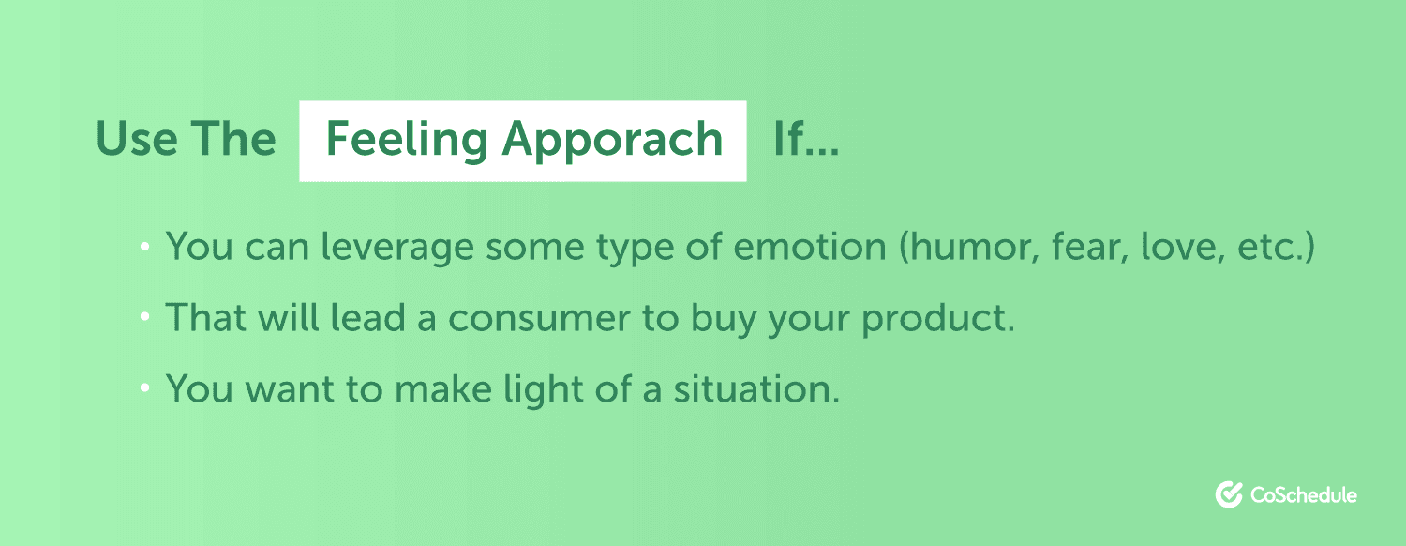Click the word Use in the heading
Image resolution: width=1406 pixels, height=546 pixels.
point(137,138)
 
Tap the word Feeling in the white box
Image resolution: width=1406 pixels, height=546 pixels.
point(407,141)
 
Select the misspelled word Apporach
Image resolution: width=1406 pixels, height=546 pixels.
point(613,141)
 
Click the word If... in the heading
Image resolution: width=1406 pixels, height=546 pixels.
point(806,138)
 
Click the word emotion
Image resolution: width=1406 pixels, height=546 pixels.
point(810,246)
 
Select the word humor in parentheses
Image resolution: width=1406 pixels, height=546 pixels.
point(966,247)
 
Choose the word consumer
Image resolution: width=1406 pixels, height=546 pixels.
point(539,318)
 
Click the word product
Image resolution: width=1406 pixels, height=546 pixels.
point(937,319)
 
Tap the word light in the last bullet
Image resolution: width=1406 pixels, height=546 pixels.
point(544,390)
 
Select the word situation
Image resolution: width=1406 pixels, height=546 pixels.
point(756,389)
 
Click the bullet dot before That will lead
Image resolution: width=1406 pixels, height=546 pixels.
point(145,317)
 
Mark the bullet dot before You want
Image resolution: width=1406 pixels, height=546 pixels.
point(145,388)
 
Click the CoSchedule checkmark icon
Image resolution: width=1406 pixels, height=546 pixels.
point(1229,494)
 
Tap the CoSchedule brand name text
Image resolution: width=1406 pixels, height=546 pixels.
point(1304,495)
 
